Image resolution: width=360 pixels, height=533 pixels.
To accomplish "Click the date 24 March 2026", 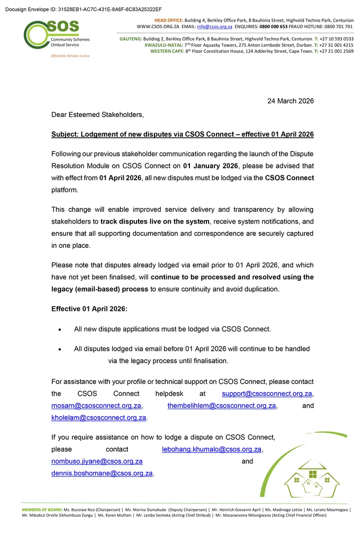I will point(290,101).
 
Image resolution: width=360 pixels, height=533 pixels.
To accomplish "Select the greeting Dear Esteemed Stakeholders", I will point(98,114).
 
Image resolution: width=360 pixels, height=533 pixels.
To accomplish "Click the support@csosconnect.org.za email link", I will point(267,393).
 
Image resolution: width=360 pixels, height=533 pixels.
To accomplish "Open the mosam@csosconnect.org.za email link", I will point(97,406).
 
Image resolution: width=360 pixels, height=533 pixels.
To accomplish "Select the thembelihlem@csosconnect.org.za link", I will point(221,406).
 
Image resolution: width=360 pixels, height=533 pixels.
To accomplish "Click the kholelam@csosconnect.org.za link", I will point(99,418).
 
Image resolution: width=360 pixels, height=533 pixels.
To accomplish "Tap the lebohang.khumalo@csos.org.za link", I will point(212,449).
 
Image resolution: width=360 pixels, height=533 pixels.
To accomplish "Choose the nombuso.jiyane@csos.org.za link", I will point(97,461).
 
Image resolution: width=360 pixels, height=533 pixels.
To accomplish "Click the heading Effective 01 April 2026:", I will point(89,309).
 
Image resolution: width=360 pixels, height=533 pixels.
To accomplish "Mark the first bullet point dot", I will point(60,329).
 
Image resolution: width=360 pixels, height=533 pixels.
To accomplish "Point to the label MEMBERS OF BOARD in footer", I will point(42,509).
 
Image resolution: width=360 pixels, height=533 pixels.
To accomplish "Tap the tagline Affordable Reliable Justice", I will point(70,56).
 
